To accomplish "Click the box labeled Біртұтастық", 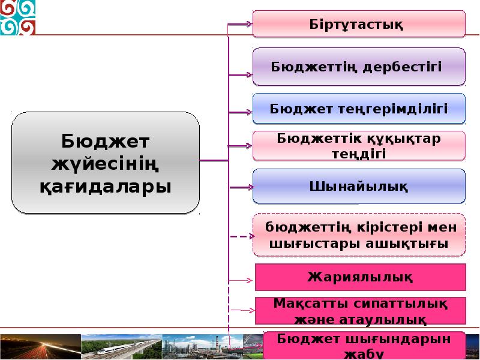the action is (x=359, y=24).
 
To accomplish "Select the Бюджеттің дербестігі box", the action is (x=359, y=67).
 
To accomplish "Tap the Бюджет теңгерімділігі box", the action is (x=359, y=109).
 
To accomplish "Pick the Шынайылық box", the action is (x=359, y=186).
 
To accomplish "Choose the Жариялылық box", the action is (x=361, y=277).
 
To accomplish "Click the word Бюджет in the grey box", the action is (x=106, y=141).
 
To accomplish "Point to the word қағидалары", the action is (x=106, y=186).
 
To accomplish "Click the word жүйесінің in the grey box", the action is (x=106, y=164).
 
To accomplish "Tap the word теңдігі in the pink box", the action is (x=359, y=154).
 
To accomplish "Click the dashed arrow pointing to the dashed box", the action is (x=242, y=236).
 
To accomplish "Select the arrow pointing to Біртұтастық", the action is (x=239, y=24).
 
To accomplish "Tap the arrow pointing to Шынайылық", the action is (x=241, y=187).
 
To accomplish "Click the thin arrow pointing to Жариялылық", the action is (x=241, y=280).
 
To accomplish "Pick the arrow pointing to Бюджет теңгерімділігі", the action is (x=241, y=112).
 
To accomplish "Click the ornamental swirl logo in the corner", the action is (x=18, y=17).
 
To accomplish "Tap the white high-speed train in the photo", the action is (x=118, y=349).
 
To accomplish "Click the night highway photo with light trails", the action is (x=40, y=347).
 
